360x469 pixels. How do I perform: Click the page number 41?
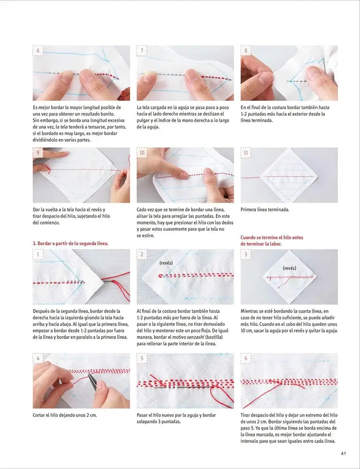[x=344, y=453]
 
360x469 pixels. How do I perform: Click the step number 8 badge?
[x=246, y=51]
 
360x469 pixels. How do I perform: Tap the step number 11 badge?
[x=246, y=153]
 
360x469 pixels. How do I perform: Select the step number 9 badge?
[x=38, y=153]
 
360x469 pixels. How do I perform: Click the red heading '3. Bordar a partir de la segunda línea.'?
[x=70, y=243]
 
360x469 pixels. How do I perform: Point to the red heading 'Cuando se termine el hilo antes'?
[x=272, y=237]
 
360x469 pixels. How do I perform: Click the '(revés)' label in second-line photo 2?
[x=166, y=263]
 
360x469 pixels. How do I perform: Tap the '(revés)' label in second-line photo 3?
[x=290, y=268]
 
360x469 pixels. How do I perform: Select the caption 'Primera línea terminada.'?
[x=265, y=210]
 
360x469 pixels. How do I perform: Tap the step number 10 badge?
[x=142, y=153]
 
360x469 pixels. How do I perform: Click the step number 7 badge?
[x=142, y=51]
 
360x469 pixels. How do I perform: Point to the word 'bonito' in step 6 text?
[x=106, y=114]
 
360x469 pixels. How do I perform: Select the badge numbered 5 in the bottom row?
[x=142, y=358]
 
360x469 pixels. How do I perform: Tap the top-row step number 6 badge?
[x=38, y=51]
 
